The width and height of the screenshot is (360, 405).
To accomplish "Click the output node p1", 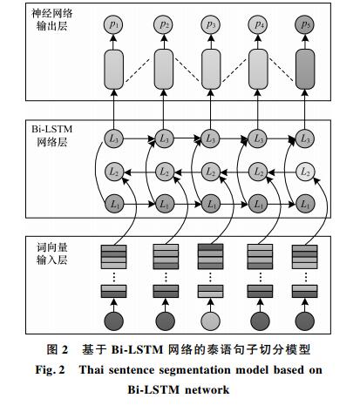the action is click(x=113, y=24).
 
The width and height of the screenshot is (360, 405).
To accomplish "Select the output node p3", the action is click(x=210, y=24).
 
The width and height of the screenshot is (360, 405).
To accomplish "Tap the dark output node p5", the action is click(x=304, y=24).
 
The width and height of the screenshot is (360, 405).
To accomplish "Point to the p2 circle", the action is click(x=163, y=24).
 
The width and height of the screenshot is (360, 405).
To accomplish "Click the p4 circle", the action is click(x=257, y=24).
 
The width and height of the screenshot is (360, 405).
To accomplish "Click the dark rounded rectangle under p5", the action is click(x=305, y=69).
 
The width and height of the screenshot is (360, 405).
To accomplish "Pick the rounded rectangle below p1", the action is click(x=113, y=69).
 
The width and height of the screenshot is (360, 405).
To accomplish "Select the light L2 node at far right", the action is click(x=305, y=172).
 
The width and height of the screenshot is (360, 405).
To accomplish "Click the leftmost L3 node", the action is click(x=113, y=138).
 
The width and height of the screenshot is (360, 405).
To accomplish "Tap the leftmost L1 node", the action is click(x=114, y=204).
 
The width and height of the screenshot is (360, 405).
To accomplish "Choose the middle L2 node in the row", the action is click(x=210, y=172).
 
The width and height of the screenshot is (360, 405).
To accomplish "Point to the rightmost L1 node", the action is click(x=305, y=204).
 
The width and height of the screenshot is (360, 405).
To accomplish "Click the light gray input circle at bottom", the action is click(x=210, y=321).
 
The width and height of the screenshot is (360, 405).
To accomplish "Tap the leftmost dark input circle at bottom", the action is click(x=113, y=321).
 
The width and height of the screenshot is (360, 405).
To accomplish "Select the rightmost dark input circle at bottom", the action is click(x=305, y=321).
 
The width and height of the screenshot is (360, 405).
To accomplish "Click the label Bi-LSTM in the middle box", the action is click(x=51, y=129).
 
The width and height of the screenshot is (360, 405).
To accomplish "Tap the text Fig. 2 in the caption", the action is click(x=50, y=370).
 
